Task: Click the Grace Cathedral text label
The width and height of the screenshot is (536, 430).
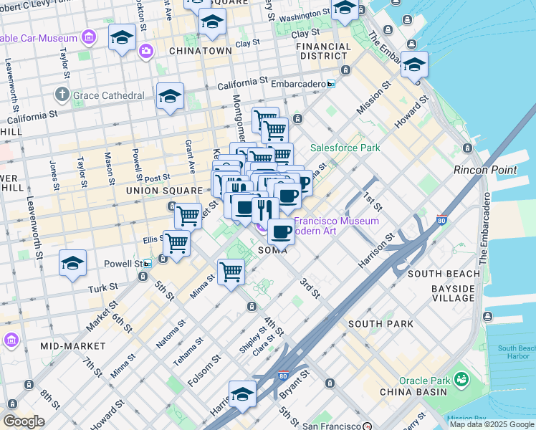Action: pos(110,95)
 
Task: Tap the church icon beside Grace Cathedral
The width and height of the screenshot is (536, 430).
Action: pos(62,95)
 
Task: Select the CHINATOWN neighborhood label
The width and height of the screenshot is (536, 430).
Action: pos(201,51)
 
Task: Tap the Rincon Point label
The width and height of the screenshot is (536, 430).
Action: pos(485,170)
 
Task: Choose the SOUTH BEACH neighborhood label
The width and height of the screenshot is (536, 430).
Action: pos(444,274)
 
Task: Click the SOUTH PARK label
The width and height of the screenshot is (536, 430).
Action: pos(381,324)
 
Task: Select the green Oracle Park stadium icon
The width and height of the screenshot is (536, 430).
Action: pos(460,378)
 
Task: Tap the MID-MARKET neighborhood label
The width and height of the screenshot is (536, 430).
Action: pos(69,346)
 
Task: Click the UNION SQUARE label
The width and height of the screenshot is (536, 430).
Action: pos(164,191)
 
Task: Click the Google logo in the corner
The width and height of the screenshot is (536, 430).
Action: pos(23,421)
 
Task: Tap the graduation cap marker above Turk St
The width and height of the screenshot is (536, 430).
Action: pos(73,264)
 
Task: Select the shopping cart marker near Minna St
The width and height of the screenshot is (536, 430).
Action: pos(231,272)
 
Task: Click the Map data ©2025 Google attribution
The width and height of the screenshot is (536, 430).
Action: pos(492,424)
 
